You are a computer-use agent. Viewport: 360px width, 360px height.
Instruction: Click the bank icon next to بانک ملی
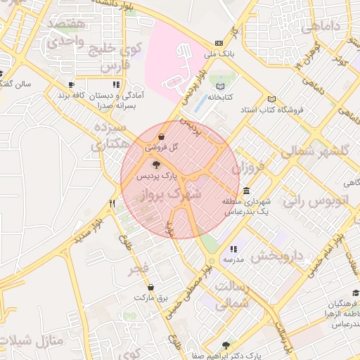[x=219, y=43]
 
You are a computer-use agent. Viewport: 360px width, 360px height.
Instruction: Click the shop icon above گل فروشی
[x=162, y=136]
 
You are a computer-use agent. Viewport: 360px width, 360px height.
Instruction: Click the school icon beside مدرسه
[x=233, y=249]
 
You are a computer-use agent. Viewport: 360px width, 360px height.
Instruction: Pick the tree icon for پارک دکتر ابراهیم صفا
[x=225, y=345]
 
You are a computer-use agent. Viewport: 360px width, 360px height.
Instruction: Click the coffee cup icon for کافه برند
[x=70, y=84]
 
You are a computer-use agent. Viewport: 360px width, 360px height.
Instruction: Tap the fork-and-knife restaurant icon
[x=112, y=203]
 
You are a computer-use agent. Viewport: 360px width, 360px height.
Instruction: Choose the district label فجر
[x=139, y=269]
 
